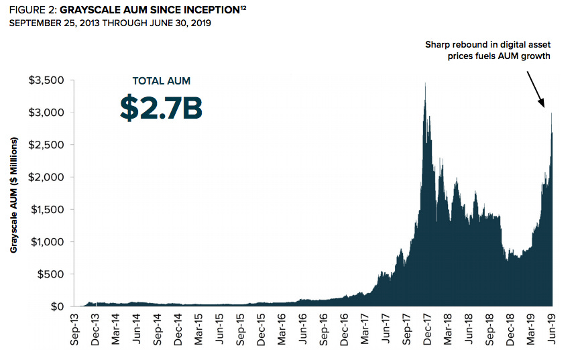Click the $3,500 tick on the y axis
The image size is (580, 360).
pyautogui.click(x=45, y=80)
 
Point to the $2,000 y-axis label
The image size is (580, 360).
pyautogui.click(x=45, y=178)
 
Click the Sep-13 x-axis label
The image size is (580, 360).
pyautogui.click(x=75, y=330)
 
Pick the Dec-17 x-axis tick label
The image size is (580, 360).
pyautogui.click(x=427, y=330)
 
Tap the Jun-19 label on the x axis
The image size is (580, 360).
pyautogui.click(x=551, y=330)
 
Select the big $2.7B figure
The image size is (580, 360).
pyautogui.click(x=161, y=108)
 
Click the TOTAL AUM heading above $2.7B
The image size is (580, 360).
pyautogui.click(x=161, y=81)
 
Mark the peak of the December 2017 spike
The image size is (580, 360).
pyautogui.click(x=425, y=83)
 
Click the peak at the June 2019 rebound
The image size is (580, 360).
pyautogui.click(x=551, y=113)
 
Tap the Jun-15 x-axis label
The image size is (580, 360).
pyautogui.click(x=220, y=330)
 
